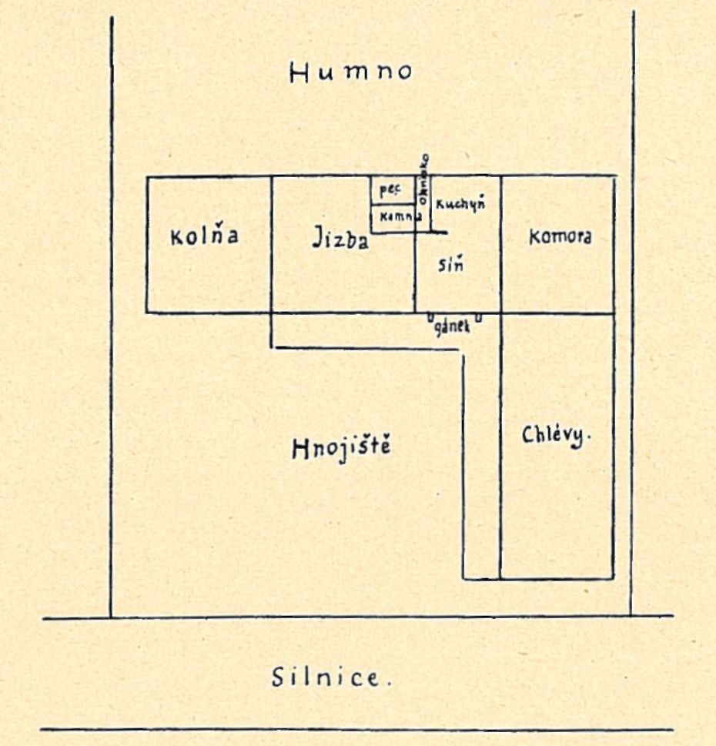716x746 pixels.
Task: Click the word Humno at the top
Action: pyautogui.click(x=350, y=72)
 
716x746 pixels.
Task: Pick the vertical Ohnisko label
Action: pyautogui.click(x=423, y=178)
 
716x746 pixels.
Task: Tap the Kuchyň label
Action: pyautogui.click(x=460, y=204)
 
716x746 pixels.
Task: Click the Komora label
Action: pyautogui.click(x=560, y=237)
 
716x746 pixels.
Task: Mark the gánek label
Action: pyautogui.click(x=453, y=328)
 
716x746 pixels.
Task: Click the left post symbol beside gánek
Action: pyautogui.click(x=430, y=316)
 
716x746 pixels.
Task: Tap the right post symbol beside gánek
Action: pyautogui.click(x=478, y=316)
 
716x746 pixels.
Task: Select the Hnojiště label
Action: pyautogui.click(x=342, y=448)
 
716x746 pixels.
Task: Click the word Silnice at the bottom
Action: pyautogui.click(x=325, y=678)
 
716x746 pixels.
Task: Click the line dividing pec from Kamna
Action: pyautogui.click(x=393, y=205)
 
